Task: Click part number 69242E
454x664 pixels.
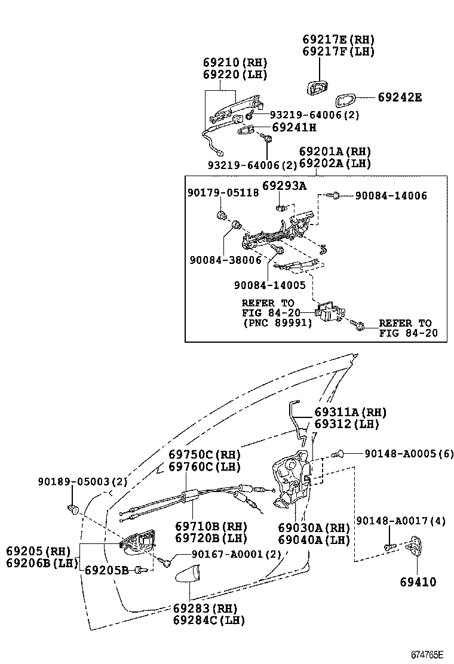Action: [400, 97]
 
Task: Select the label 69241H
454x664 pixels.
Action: [294, 127]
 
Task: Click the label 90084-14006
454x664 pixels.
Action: [391, 195]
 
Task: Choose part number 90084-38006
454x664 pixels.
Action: [225, 260]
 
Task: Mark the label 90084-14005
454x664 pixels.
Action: [269, 286]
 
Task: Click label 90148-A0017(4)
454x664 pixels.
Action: [401, 521]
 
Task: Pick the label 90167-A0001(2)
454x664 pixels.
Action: [228, 554]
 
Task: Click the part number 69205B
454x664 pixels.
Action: [106, 570]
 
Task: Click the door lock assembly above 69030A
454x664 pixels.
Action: [291, 481]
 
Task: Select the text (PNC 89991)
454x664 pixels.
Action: [277, 323]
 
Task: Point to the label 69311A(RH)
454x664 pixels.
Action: [351, 412]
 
